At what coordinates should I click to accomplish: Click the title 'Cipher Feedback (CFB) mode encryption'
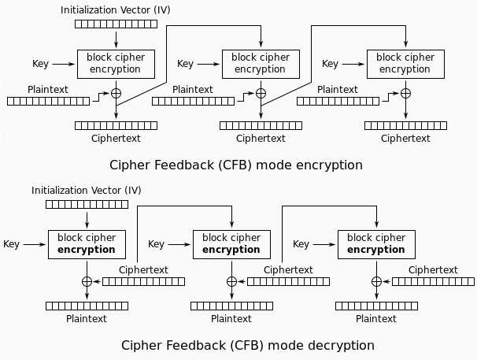[x=237, y=165]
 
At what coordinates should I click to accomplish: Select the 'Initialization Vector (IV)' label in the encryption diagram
[x=116, y=10]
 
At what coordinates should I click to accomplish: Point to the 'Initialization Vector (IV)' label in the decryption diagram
[x=87, y=191]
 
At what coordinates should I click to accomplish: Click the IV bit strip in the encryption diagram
[x=116, y=24]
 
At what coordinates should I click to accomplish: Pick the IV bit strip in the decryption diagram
[x=87, y=204]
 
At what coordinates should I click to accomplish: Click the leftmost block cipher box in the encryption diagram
[x=116, y=63]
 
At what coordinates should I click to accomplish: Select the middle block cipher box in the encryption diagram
[x=261, y=63]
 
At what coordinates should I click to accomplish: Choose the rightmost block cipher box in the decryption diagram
[x=376, y=243]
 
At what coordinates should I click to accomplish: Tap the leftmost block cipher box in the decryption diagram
[x=87, y=243]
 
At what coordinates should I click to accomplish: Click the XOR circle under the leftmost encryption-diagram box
[x=116, y=93]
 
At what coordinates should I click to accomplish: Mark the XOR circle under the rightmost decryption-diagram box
[x=376, y=281]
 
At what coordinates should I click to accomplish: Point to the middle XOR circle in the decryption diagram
[x=231, y=281]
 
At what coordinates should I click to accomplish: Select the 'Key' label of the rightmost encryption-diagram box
[x=331, y=64]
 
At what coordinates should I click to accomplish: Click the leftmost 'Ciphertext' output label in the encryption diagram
[x=116, y=138]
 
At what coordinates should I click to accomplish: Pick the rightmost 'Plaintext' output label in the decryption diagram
[x=376, y=318]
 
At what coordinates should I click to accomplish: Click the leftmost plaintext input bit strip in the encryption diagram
[x=48, y=101]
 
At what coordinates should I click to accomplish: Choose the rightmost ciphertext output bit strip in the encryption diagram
[x=405, y=125]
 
